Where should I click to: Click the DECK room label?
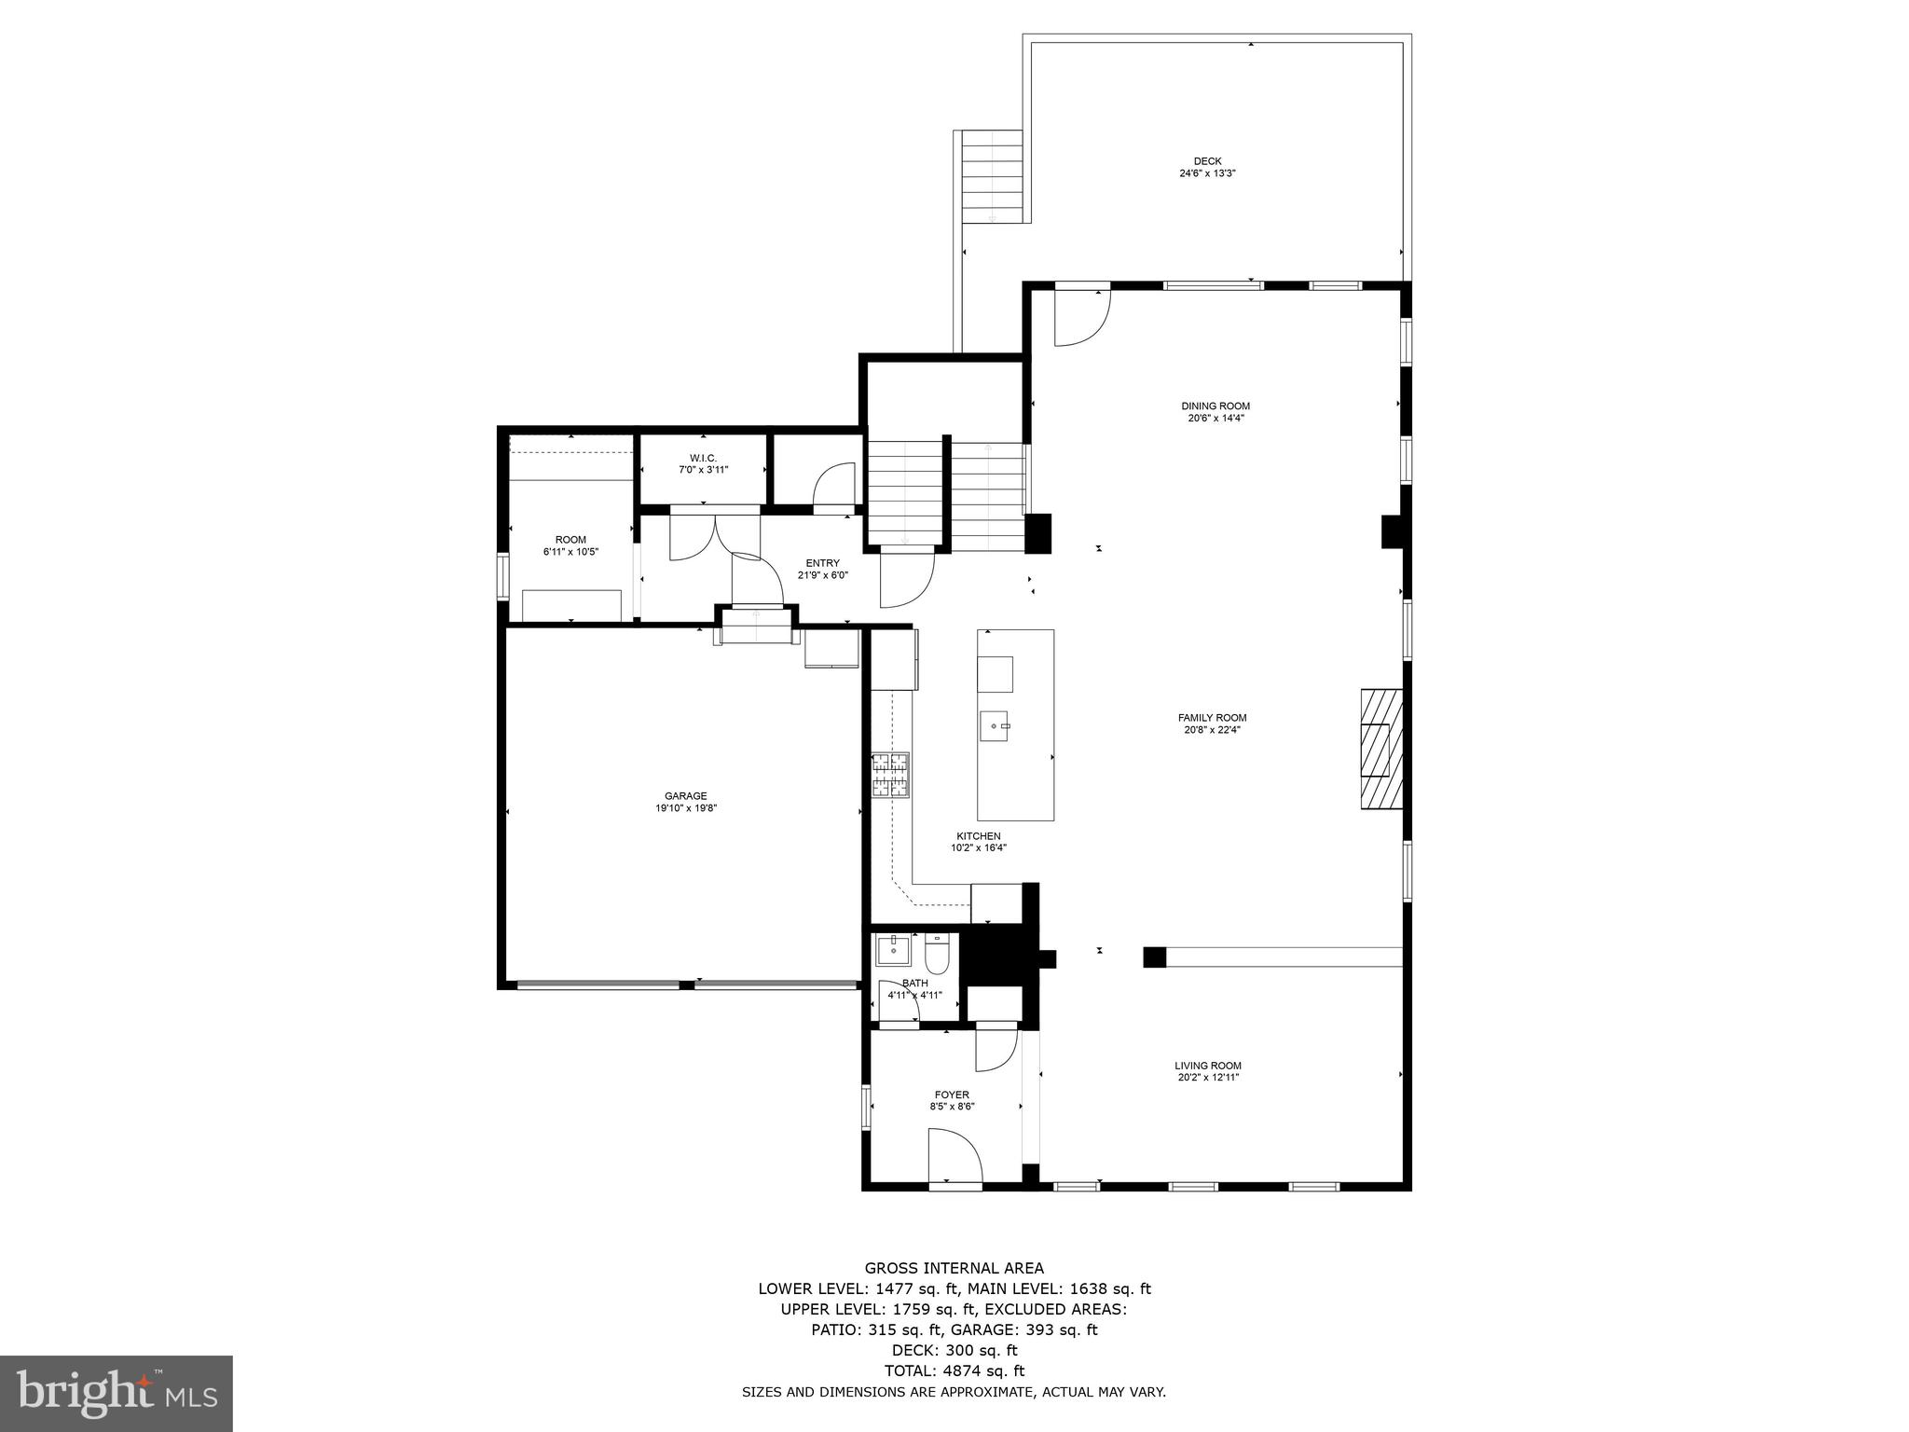pyautogui.click(x=1207, y=161)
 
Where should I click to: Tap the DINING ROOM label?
pyautogui.click(x=1215, y=406)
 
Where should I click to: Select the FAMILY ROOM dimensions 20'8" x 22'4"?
pyautogui.click(x=1212, y=730)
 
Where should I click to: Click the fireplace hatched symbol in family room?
pyautogui.click(x=1380, y=749)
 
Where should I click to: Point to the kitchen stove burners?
pyautogui.click(x=890, y=775)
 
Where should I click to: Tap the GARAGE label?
pyautogui.click(x=685, y=795)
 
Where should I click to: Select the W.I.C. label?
pyautogui.click(x=703, y=457)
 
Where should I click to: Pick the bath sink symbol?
pyautogui.click(x=891, y=951)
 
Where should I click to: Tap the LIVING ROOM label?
pyautogui.click(x=1207, y=1066)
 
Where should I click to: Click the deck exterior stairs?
pyautogui.click(x=992, y=175)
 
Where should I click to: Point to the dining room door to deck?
pyautogui.click(x=1079, y=317)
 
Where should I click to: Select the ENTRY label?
pyautogui.click(x=822, y=563)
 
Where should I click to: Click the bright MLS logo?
pyautogui.click(x=117, y=1395)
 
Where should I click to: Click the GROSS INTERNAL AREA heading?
pyautogui.click(x=954, y=1268)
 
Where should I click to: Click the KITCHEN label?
pyautogui.click(x=978, y=836)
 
